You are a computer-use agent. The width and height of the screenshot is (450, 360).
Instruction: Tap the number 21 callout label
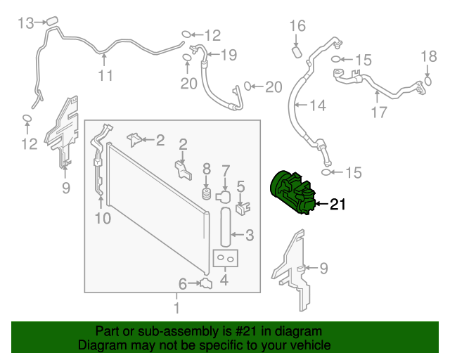point(338,205)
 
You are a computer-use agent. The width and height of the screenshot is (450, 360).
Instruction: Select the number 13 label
point(25,24)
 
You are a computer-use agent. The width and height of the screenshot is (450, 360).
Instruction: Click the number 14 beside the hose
point(318,105)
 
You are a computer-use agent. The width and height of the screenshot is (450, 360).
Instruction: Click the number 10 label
point(103,219)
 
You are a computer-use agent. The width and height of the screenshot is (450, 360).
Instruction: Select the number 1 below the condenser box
point(176,308)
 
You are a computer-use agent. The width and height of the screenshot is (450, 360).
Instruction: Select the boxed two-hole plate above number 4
point(226,259)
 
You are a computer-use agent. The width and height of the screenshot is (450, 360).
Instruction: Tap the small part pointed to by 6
point(206,283)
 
